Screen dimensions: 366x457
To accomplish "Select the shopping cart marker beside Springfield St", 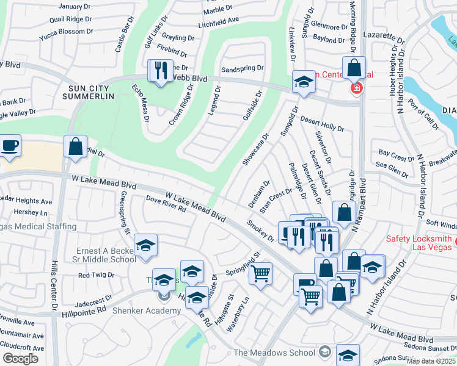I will coord(261,273).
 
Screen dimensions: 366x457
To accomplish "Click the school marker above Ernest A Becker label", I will coord(145,245).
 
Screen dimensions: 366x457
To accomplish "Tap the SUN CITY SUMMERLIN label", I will coord(92,93).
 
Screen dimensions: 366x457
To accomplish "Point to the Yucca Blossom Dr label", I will coord(65,32).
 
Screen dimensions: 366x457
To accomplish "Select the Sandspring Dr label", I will coord(242,68).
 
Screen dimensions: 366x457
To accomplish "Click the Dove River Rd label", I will coord(166,204).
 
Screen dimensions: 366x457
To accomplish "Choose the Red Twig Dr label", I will coord(96,275).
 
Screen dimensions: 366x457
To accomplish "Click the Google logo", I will coord(20,358).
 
